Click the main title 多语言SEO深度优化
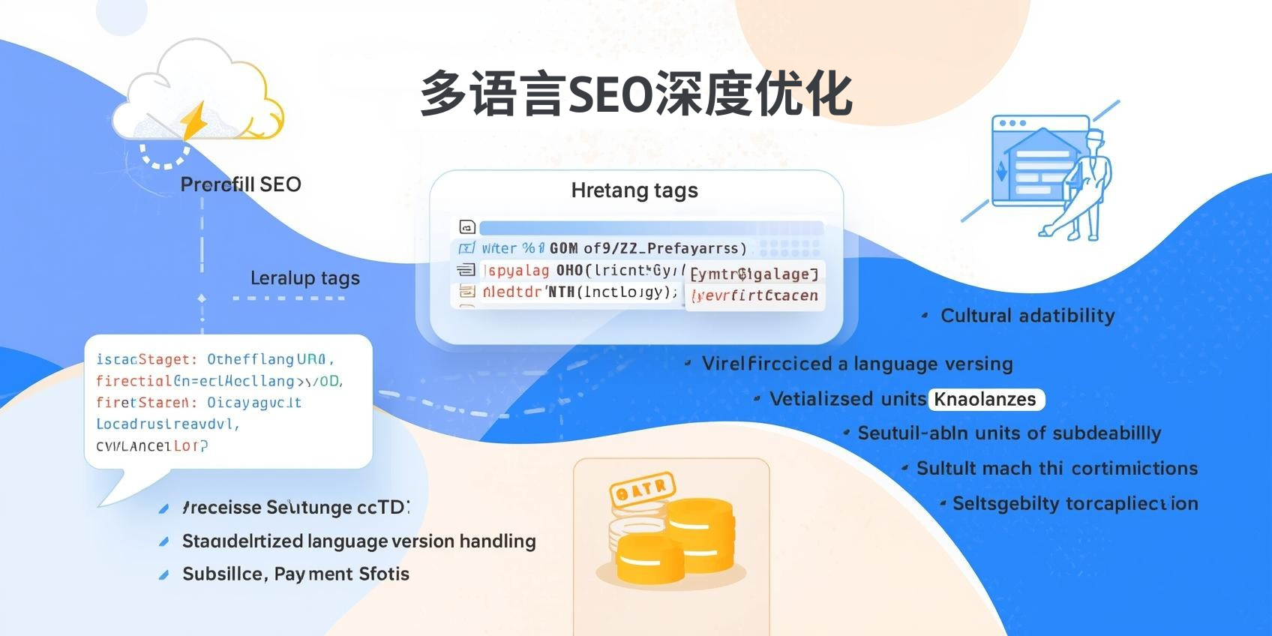pos(636,94)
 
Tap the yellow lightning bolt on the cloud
pos(193,121)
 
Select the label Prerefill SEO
pos(241,184)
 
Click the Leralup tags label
pos(304,278)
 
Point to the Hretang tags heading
pos(634,190)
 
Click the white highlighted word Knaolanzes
pos(985,399)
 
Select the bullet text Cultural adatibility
pos(1027,316)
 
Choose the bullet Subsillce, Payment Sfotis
pos(295,574)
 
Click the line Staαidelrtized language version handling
pos(358,541)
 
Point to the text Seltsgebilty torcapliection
pos(1075,503)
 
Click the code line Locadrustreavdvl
pos(167,424)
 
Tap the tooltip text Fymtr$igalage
pos(754,274)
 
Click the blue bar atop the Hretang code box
pos(650,227)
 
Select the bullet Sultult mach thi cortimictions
pos(1057,469)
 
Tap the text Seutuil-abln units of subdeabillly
pos(1009,433)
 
